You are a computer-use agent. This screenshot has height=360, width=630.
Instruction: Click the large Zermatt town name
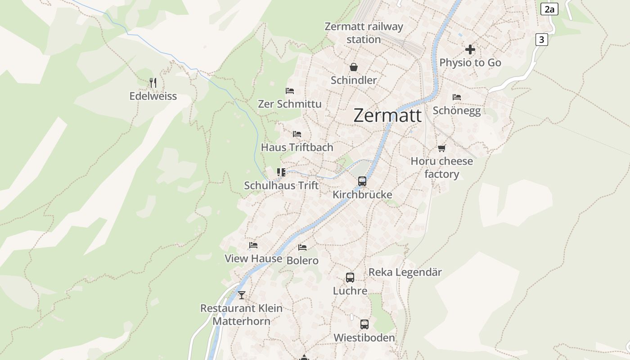[387, 115]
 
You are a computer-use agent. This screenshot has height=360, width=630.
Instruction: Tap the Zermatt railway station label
[364, 33]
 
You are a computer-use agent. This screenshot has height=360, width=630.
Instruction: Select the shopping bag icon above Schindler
[354, 67]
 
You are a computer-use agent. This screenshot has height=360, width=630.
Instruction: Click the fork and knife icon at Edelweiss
[153, 82]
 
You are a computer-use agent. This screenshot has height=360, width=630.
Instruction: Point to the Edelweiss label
[153, 96]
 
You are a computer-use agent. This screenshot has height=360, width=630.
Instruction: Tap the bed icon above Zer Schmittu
[290, 91]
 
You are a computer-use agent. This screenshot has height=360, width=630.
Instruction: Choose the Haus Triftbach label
[297, 147]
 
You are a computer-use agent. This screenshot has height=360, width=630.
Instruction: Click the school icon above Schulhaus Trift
[281, 172]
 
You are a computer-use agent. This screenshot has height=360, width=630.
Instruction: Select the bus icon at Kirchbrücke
[362, 181]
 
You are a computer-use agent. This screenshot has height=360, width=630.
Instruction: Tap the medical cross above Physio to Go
[470, 49]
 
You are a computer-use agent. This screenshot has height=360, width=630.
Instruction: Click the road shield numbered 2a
[549, 9]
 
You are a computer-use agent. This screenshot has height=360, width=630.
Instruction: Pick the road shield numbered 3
[541, 40]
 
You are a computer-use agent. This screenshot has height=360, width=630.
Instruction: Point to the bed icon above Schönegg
[457, 97]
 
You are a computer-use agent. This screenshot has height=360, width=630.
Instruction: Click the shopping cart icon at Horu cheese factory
[442, 148]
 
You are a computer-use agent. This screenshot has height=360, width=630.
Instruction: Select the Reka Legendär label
[405, 272]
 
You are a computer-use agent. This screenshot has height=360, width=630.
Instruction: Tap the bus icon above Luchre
[350, 278]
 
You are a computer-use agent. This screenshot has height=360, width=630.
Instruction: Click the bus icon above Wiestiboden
[364, 324]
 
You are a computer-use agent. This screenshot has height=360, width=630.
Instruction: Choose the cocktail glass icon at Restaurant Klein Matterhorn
[242, 295]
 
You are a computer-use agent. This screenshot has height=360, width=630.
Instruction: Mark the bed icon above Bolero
[302, 247]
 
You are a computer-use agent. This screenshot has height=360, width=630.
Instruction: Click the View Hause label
[253, 259]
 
